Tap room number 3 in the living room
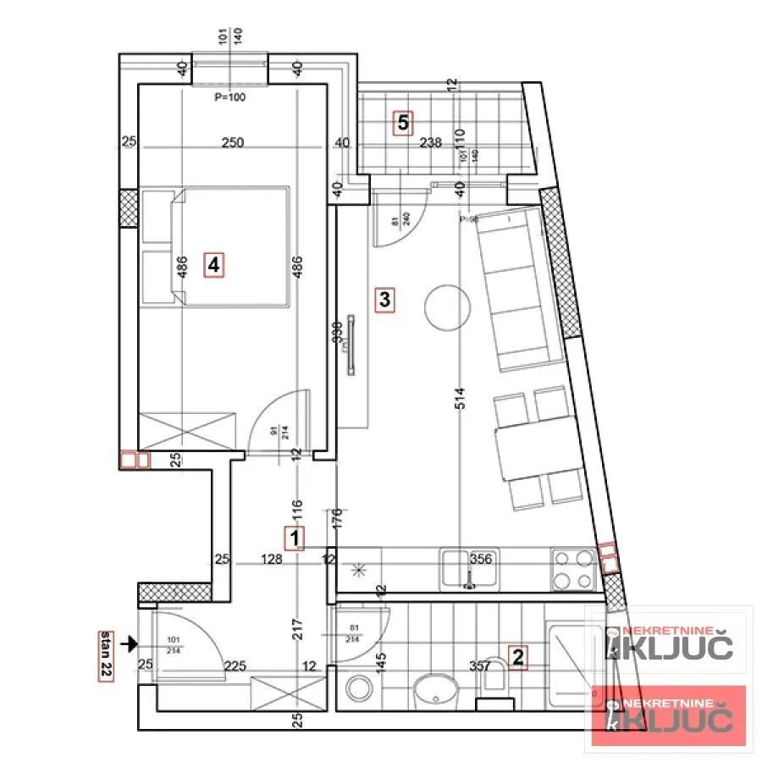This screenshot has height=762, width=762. (384, 299)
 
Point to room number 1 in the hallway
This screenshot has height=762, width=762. (294, 538)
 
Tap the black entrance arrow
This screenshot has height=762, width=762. (129, 644)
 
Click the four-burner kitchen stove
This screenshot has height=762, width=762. (573, 570)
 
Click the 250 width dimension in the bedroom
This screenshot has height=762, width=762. (232, 143)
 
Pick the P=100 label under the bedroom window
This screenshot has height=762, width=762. (229, 97)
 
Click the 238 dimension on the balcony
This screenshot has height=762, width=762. (431, 143)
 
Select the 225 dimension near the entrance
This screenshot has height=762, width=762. (235, 666)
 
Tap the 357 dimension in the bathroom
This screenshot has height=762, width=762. (480, 666)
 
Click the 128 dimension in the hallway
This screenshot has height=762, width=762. (272, 559)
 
